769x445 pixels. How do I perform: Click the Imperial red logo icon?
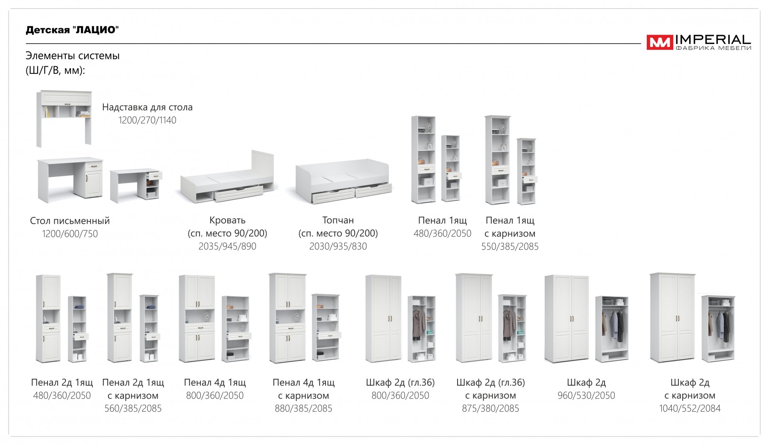tap(660, 42)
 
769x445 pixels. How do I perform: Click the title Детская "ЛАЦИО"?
tap(72, 30)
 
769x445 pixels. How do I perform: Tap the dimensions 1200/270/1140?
tap(147, 120)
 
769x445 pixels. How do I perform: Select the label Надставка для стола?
tap(147, 107)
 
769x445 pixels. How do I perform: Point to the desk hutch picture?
tap(64, 118)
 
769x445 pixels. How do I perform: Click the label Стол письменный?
tap(70, 221)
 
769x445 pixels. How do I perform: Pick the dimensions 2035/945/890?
tap(227, 246)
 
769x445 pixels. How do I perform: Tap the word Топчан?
tap(338, 220)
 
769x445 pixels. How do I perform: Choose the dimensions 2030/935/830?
tap(338, 246)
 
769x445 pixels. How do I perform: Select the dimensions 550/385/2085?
tap(510, 247)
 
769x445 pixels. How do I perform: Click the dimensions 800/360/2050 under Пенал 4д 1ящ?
tap(215, 396)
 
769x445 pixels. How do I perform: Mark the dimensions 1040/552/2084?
tap(690, 409)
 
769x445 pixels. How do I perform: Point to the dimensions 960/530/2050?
tap(586, 396)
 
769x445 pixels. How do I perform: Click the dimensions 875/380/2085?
tap(490, 409)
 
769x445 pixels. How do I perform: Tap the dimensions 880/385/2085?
tap(303, 409)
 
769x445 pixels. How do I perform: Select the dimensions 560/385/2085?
tap(133, 409)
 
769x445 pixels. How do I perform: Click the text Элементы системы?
tap(73, 56)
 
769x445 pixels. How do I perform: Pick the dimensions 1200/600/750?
tap(70, 234)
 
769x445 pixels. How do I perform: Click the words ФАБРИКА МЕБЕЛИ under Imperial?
tap(713, 48)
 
